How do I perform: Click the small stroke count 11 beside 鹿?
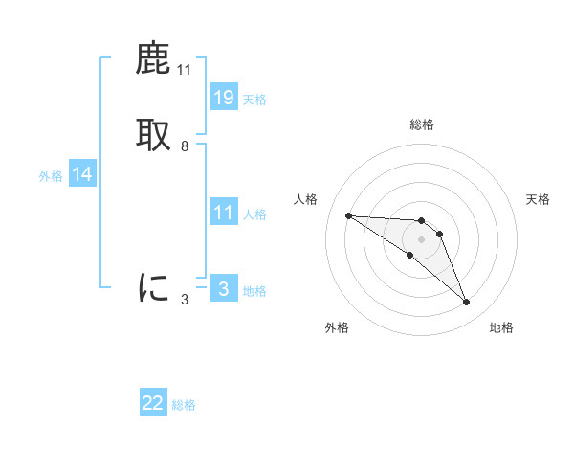[x=184, y=70]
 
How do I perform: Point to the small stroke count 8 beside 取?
[x=185, y=146]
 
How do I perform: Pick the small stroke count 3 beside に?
[x=185, y=300]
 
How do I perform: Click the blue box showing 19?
[x=223, y=97]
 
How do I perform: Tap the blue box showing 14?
[x=81, y=174]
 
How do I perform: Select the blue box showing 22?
[x=153, y=403]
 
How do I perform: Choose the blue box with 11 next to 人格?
[x=223, y=213]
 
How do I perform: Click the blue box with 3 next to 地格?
[x=223, y=289]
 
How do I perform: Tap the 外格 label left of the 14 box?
[x=51, y=176]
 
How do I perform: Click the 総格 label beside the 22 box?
[x=184, y=405]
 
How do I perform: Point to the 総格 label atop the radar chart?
[x=421, y=124]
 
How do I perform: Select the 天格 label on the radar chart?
[x=538, y=199]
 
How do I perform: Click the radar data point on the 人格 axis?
[x=348, y=215]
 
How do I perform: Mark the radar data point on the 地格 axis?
[x=466, y=302]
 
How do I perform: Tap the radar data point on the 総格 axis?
[x=421, y=221]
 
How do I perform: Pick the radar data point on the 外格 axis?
[x=410, y=255]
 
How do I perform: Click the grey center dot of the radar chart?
[x=421, y=238]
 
